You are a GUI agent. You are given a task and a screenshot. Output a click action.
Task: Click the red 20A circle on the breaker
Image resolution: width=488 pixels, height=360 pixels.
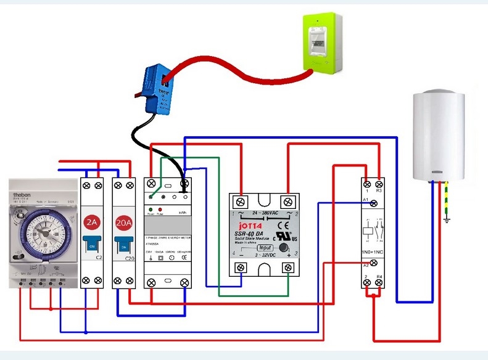click(x=123, y=222)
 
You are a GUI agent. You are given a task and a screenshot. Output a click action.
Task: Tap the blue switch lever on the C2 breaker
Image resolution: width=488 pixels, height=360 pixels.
click(x=91, y=245)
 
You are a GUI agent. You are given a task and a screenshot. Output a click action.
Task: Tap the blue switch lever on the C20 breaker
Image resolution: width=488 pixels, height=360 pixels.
click(x=123, y=245)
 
